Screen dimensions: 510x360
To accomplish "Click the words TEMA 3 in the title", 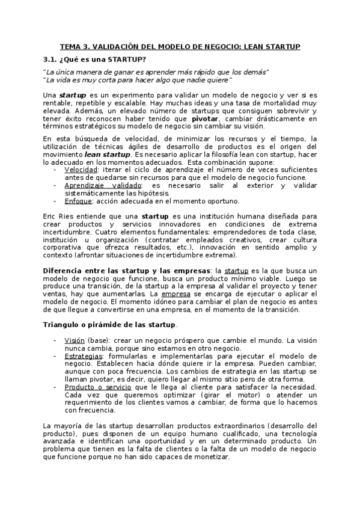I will [x=76, y=46].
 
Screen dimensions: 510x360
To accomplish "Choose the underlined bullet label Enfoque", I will [x=78, y=201].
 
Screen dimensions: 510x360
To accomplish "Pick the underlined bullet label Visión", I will [x=75, y=340].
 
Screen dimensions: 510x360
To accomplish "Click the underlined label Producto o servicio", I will [x=98, y=387].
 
